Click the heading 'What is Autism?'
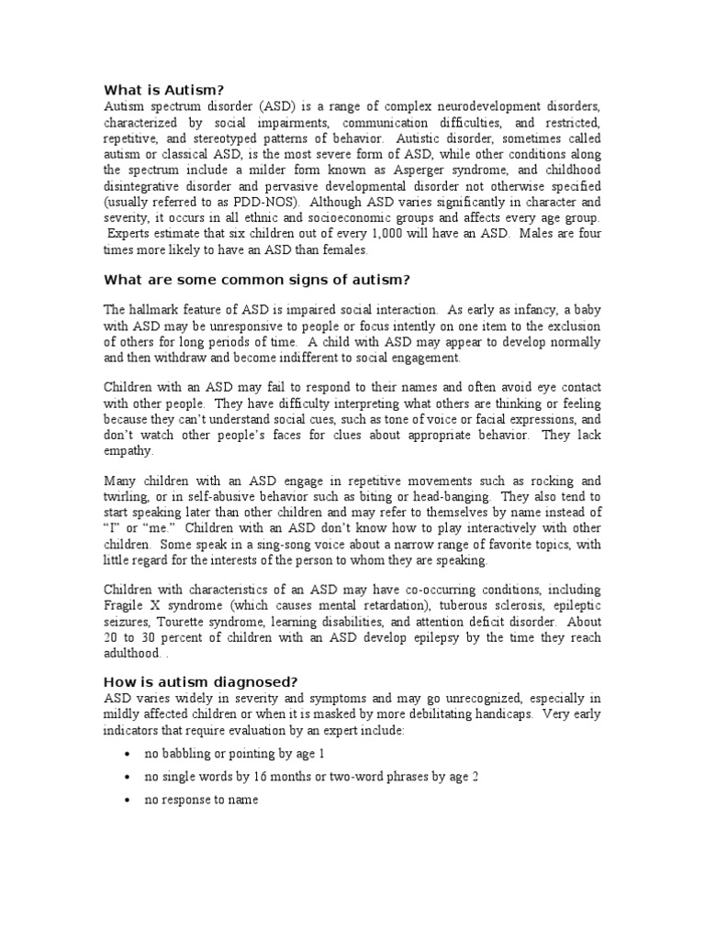tap(163, 89)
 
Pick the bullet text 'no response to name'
tap(201, 800)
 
